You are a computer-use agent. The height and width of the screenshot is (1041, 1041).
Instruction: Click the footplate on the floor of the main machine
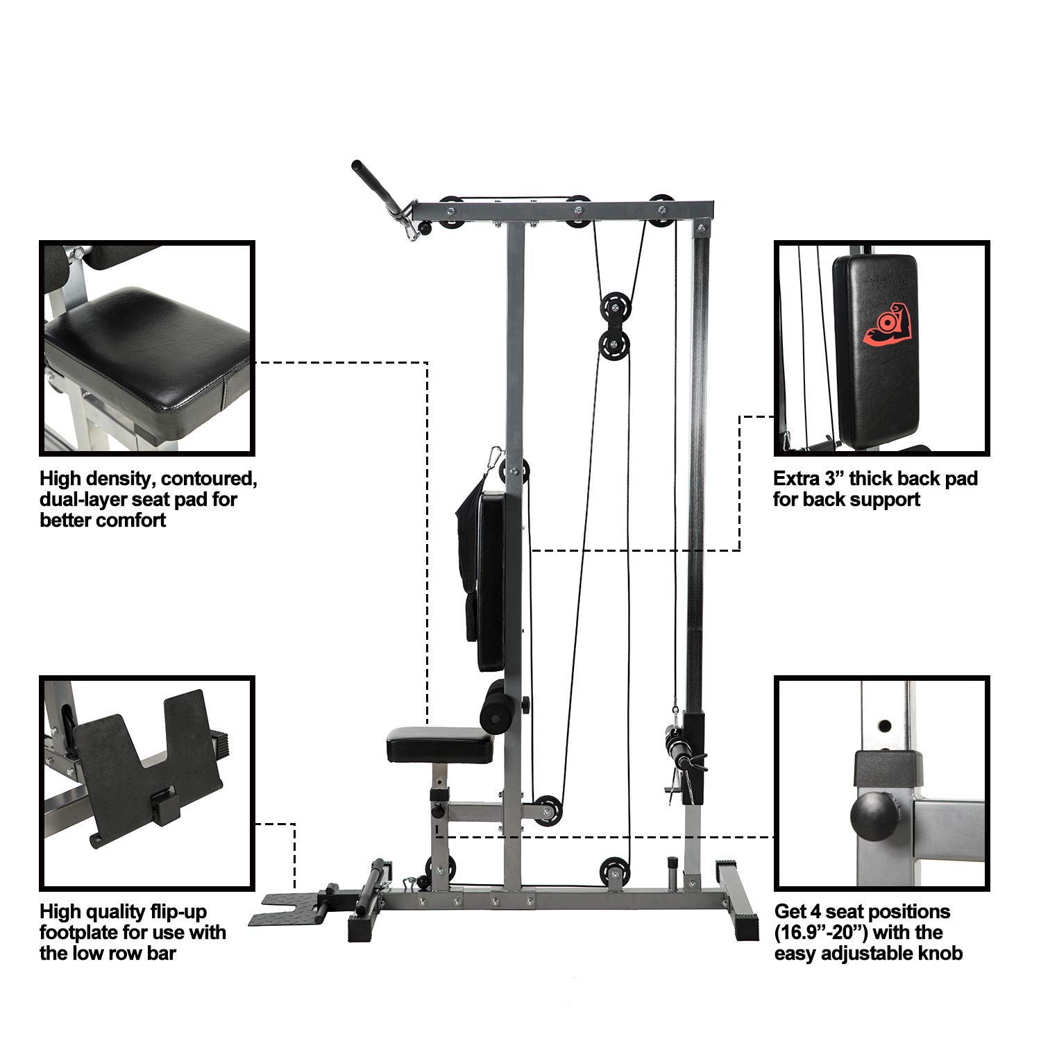(x=285, y=908)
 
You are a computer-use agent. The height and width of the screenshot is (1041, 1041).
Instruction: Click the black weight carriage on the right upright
(x=693, y=756)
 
